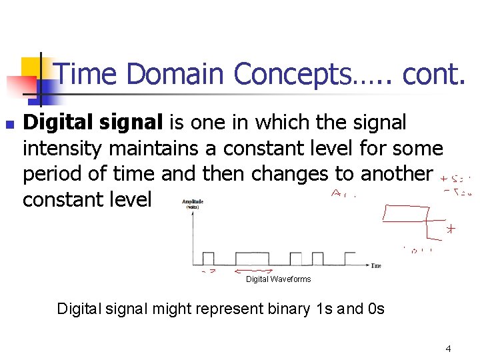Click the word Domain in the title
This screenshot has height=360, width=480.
(x=175, y=74)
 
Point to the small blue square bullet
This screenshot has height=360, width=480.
(x=9, y=125)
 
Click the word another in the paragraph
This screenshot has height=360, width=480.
(x=396, y=173)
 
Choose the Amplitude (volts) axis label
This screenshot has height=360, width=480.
(x=193, y=203)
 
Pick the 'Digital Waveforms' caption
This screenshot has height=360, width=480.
(x=278, y=279)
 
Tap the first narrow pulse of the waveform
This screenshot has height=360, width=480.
(x=208, y=259)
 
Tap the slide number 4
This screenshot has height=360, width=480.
(x=449, y=348)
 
